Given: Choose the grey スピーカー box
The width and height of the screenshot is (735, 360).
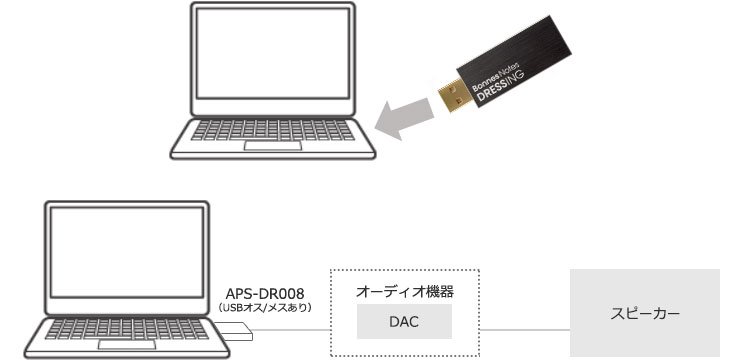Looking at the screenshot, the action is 645,313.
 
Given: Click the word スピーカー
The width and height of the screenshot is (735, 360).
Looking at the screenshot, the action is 645,314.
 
